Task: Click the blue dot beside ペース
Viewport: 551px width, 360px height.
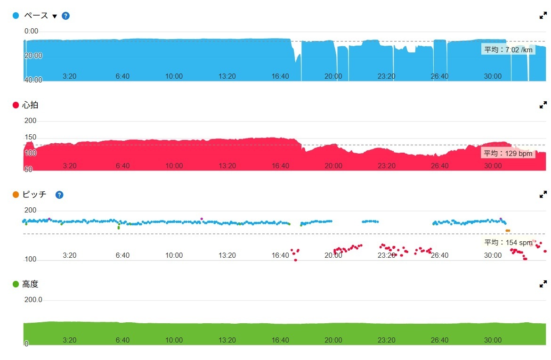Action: pyautogui.click(x=16, y=16)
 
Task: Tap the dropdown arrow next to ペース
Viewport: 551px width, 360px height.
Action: pyautogui.click(x=55, y=16)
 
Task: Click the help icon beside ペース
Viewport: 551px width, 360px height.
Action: pyautogui.click(x=66, y=16)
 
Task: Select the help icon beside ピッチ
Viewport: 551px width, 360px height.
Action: pyautogui.click(x=59, y=195)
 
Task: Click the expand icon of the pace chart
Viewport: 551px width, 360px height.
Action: pyautogui.click(x=543, y=16)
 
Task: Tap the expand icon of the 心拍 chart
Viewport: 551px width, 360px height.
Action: pyautogui.click(x=543, y=105)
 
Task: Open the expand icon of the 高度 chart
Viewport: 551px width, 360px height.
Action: pyautogui.click(x=543, y=284)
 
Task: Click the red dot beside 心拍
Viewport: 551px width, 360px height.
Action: pyautogui.click(x=16, y=105)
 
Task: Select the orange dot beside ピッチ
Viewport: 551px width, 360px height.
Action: pyautogui.click(x=16, y=195)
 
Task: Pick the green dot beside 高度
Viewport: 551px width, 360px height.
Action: pyautogui.click(x=16, y=284)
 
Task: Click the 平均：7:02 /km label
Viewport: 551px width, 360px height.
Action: pyautogui.click(x=508, y=49)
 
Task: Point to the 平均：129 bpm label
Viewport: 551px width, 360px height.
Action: pyautogui.click(x=508, y=153)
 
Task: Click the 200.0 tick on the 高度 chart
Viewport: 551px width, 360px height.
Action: pyautogui.click(x=33, y=300)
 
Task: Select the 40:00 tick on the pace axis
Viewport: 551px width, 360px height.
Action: pyautogui.click(x=33, y=80)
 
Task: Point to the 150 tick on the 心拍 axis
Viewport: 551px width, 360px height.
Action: pyautogui.click(x=31, y=137)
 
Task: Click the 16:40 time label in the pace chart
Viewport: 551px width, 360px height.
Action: pyautogui.click(x=280, y=76)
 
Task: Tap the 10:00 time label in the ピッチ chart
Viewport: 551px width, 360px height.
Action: pyautogui.click(x=174, y=255)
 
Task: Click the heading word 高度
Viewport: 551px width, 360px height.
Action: pyautogui.click(x=30, y=284)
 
